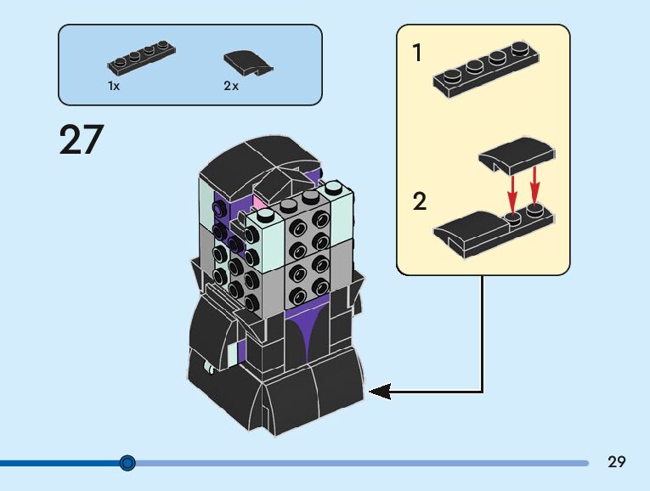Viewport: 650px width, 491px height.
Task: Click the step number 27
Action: pyautogui.click(x=82, y=139)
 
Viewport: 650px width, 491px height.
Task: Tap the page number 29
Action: pyautogui.click(x=616, y=461)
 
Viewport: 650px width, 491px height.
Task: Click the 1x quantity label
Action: pyautogui.click(x=114, y=86)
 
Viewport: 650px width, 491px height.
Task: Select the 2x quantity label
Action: pyautogui.click(x=231, y=86)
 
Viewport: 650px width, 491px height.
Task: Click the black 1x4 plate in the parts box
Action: pyautogui.click(x=141, y=58)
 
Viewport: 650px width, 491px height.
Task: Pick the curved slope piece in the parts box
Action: pyautogui.click(x=248, y=63)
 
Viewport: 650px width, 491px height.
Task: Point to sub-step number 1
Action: pyautogui.click(x=417, y=53)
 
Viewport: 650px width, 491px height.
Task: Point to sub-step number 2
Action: pyautogui.click(x=420, y=201)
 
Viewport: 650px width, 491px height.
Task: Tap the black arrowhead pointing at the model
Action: pyautogui.click(x=380, y=391)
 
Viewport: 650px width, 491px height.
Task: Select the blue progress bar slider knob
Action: pyautogui.click(x=127, y=462)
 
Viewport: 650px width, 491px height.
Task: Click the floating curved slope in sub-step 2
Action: pyautogui.click(x=517, y=155)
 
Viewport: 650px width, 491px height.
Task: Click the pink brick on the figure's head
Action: pyautogui.click(x=257, y=203)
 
